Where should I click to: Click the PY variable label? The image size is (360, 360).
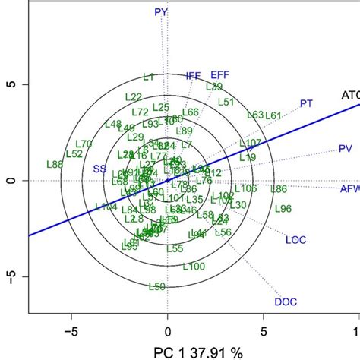(x=160, y=12)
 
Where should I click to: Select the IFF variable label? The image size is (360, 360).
(x=194, y=76)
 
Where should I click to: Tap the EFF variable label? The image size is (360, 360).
(x=219, y=74)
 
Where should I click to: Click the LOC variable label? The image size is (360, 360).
(x=295, y=240)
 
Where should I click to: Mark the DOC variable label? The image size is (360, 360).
(x=285, y=302)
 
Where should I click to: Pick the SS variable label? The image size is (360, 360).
(x=99, y=169)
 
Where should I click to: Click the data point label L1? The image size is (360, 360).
(x=149, y=77)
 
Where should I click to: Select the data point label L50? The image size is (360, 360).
(x=156, y=286)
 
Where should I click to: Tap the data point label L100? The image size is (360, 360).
(x=194, y=266)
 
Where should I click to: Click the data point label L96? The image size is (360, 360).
(x=283, y=208)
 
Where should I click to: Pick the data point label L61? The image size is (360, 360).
(x=273, y=115)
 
